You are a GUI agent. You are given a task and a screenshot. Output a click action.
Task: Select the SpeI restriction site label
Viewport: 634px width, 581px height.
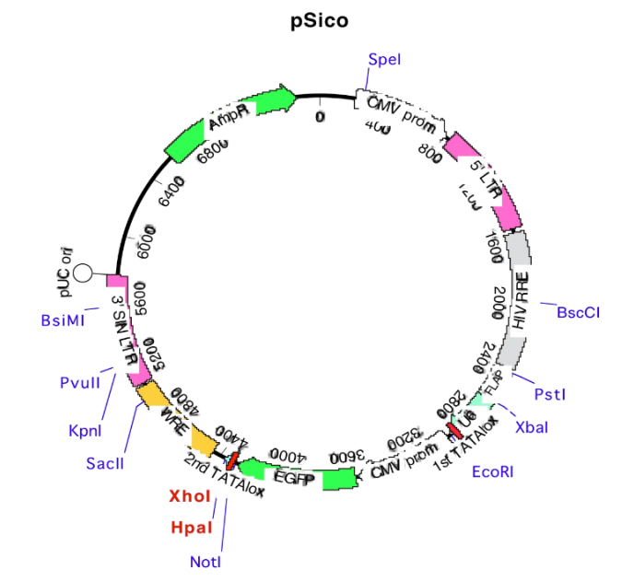point(384,60)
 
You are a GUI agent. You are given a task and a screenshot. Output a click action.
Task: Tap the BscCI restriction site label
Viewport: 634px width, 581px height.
point(578,312)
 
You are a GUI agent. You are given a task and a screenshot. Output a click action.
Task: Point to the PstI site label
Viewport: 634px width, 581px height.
point(550,394)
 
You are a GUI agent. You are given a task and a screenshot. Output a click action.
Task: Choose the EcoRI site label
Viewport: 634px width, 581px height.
point(493,471)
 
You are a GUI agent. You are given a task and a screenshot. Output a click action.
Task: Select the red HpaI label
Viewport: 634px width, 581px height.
point(192,528)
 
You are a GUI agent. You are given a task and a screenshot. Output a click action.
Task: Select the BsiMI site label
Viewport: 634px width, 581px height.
point(63,320)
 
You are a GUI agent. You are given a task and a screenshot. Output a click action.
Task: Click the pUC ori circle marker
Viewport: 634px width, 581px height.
point(83,273)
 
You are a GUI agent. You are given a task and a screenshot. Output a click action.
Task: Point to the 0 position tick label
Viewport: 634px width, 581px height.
point(320,117)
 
